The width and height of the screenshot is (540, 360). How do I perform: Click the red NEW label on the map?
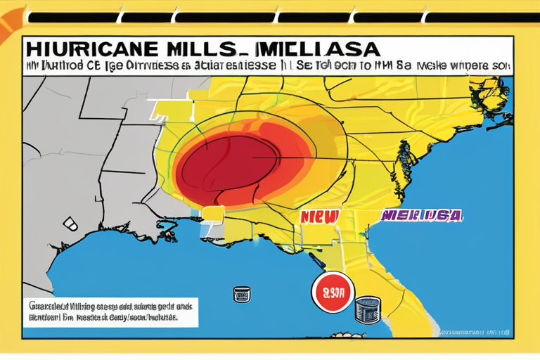click(x=320, y=217)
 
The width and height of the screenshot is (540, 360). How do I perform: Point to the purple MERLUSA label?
click(x=421, y=214)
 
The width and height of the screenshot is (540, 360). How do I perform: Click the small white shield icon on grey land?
click(x=71, y=224)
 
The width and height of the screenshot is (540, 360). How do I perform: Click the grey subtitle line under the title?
click(x=267, y=67)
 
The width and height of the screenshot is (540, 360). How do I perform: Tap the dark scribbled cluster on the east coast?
click(x=404, y=157)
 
